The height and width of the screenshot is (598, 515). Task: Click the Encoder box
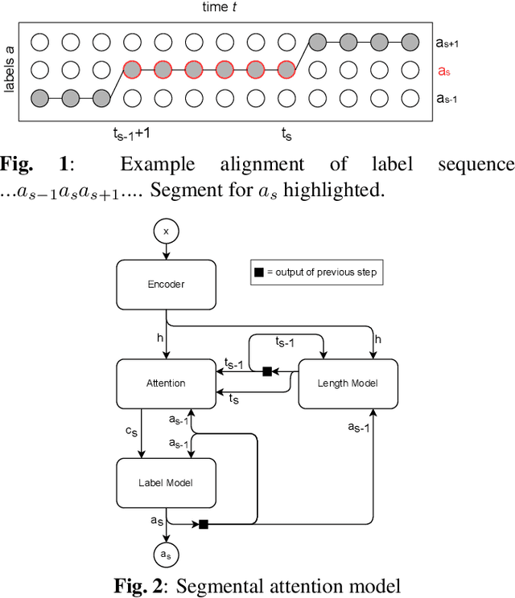167,284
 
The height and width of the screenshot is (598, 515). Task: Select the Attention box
167,383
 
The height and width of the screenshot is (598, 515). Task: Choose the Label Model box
167,482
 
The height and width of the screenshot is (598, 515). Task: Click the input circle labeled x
167,231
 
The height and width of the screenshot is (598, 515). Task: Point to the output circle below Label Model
167,555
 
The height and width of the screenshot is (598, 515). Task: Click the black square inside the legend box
259,272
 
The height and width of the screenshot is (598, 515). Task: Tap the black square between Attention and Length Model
267,371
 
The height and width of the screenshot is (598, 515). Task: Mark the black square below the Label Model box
204,525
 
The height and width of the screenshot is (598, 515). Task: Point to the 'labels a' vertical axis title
10,70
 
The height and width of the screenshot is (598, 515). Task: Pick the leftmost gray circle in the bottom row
39,98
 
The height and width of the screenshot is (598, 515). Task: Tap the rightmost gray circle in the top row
410,41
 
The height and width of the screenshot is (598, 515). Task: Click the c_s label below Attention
130,432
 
